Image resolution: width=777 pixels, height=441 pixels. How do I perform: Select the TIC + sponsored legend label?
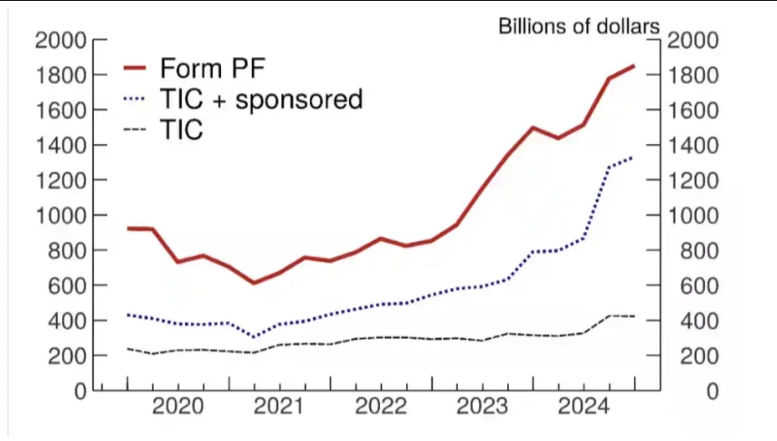point(260,100)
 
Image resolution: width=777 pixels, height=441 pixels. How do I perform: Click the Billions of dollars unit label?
point(579,26)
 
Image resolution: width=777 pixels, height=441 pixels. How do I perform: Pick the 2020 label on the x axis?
point(178,408)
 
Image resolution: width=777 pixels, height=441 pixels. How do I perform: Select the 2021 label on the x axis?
point(279,408)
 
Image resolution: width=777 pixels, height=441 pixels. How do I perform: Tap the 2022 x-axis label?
point(380,408)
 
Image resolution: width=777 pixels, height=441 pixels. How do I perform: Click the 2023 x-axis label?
point(481,408)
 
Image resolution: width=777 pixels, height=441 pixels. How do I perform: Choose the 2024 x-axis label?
point(583,408)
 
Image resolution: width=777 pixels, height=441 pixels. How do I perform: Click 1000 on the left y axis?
point(63,215)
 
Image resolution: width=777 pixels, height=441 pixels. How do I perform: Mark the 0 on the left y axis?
point(80,391)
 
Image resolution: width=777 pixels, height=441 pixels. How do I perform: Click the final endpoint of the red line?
point(634,65)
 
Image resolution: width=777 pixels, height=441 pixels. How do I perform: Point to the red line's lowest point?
point(254,283)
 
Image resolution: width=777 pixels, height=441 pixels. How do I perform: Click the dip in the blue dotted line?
point(254,337)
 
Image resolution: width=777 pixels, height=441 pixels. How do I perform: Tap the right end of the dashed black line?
point(634,316)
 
